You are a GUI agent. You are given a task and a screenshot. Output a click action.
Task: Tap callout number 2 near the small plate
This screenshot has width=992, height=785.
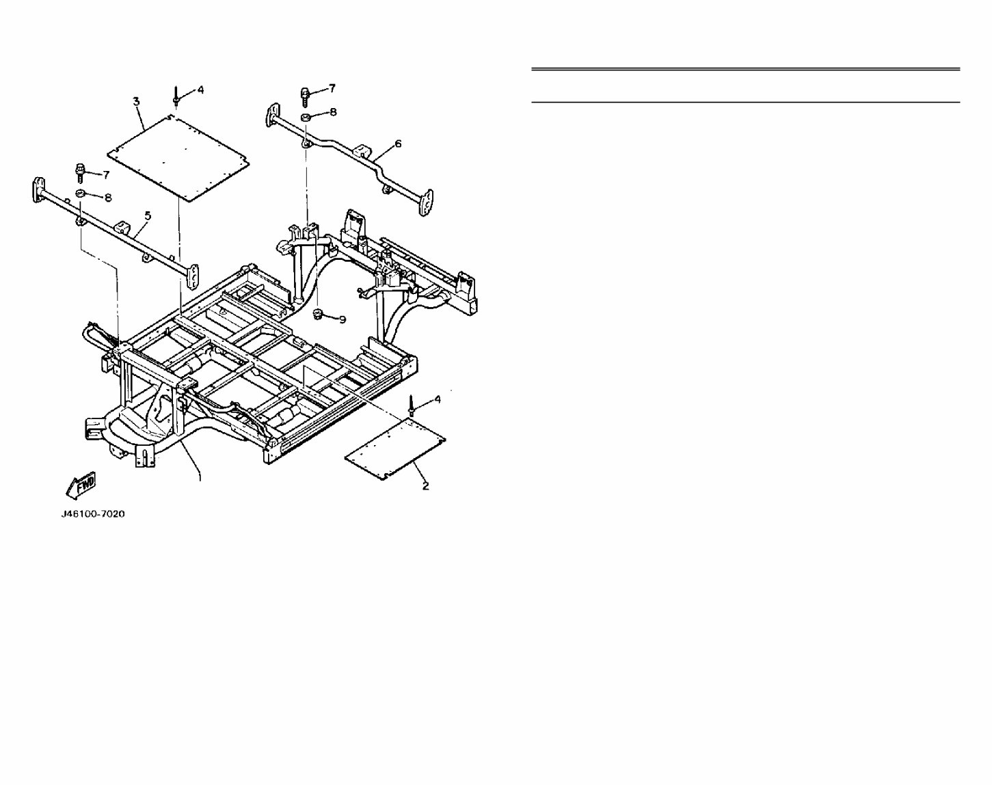[425, 486]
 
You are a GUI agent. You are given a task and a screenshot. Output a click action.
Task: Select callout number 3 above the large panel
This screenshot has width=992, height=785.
[136, 102]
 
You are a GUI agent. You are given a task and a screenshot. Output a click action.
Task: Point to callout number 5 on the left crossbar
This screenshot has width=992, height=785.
[148, 215]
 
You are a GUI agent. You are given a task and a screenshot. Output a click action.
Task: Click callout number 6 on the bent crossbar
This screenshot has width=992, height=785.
[398, 144]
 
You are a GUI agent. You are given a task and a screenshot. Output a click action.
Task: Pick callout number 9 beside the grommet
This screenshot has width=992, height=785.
[343, 319]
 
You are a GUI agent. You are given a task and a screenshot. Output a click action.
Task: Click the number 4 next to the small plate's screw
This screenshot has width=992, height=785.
[438, 398]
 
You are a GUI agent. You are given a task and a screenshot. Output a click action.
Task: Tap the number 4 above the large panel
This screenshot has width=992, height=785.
[200, 90]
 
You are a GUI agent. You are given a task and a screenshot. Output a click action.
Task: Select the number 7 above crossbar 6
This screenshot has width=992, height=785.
[332, 88]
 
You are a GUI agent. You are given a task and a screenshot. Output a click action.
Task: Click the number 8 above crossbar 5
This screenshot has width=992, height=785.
[107, 198]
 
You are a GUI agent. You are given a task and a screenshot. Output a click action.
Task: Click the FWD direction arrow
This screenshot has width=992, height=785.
[81, 485]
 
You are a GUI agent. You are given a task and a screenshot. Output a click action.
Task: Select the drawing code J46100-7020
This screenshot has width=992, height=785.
[93, 514]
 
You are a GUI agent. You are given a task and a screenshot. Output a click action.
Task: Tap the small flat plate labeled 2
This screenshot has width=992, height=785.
[395, 449]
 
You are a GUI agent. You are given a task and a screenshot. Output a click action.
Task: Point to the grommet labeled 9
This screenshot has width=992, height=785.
[317, 314]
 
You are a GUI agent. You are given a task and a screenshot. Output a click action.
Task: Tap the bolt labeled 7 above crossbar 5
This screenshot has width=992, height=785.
[79, 171]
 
